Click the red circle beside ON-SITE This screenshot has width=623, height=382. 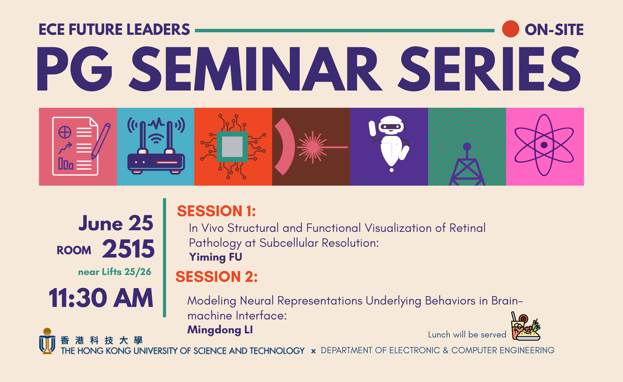(511, 29)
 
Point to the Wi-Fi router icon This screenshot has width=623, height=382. (156, 146)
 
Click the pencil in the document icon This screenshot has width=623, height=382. (101, 141)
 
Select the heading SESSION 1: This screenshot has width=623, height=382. (216, 211)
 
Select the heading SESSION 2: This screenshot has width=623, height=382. (216, 277)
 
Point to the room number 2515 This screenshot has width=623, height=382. (128, 249)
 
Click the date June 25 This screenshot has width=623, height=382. (116, 223)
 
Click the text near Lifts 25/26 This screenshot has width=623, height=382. (115, 272)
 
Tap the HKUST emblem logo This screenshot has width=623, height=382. (47, 341)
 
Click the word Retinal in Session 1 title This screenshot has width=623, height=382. (467, 228)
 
